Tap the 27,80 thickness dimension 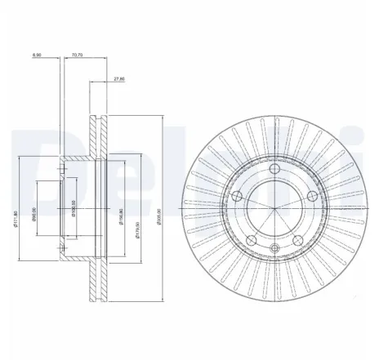[x=118, y=79]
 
